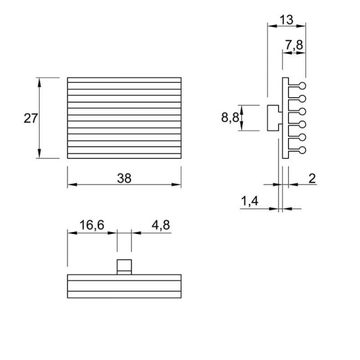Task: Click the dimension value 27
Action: pyautogui.click(x=31, y=118)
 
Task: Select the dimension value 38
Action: pyautogui.click(x=124, y=178)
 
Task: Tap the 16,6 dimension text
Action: pyautogui.click(x=92, y=225)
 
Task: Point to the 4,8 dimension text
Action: pyautogui.click(x=161, y=225)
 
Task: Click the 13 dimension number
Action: pyautogui.click(x=287, y=20)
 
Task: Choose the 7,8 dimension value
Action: pyautogui.click(x=294, y=45)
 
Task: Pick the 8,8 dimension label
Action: pyautogui.click(x=230, y=118)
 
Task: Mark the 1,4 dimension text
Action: pyautogui.click(x=250, y=201)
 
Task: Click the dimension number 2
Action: pyautogui.click(x=312, y=178)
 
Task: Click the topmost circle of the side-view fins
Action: pyautogui.click(x=302, y=86)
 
